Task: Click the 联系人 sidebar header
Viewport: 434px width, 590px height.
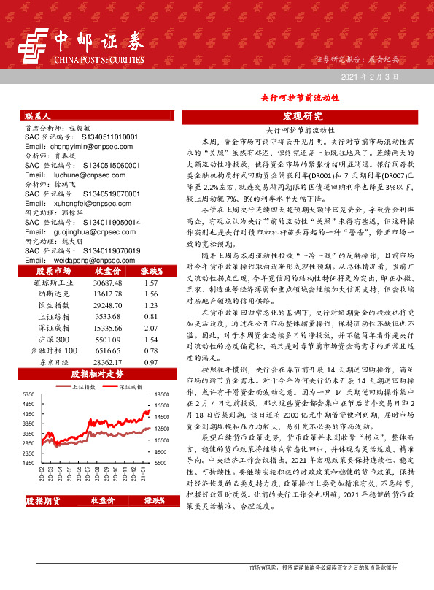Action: click(x=38, y=116)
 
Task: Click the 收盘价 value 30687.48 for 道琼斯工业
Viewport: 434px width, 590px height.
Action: click(x=108, y=282)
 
